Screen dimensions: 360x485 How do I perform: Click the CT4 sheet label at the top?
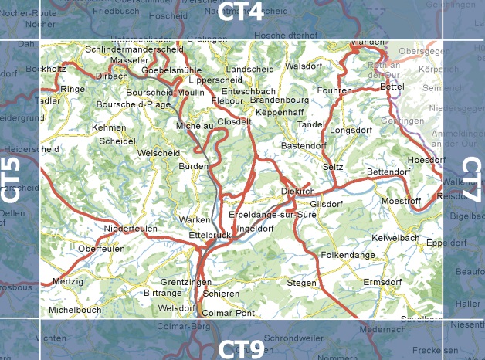coord(241,11)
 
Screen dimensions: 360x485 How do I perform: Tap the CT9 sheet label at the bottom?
coord(240,348)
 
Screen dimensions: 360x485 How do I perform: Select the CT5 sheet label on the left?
coord(11,181)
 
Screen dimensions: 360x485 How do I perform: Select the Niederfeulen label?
coord(131,229)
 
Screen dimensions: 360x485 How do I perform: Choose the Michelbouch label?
coord(75,309)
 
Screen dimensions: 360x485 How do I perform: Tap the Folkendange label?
coord(348,253)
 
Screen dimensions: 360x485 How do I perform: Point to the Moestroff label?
coord(401,201)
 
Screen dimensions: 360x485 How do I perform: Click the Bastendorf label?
coord(304,145)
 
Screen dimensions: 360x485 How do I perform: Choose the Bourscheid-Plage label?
coord(134,104)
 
